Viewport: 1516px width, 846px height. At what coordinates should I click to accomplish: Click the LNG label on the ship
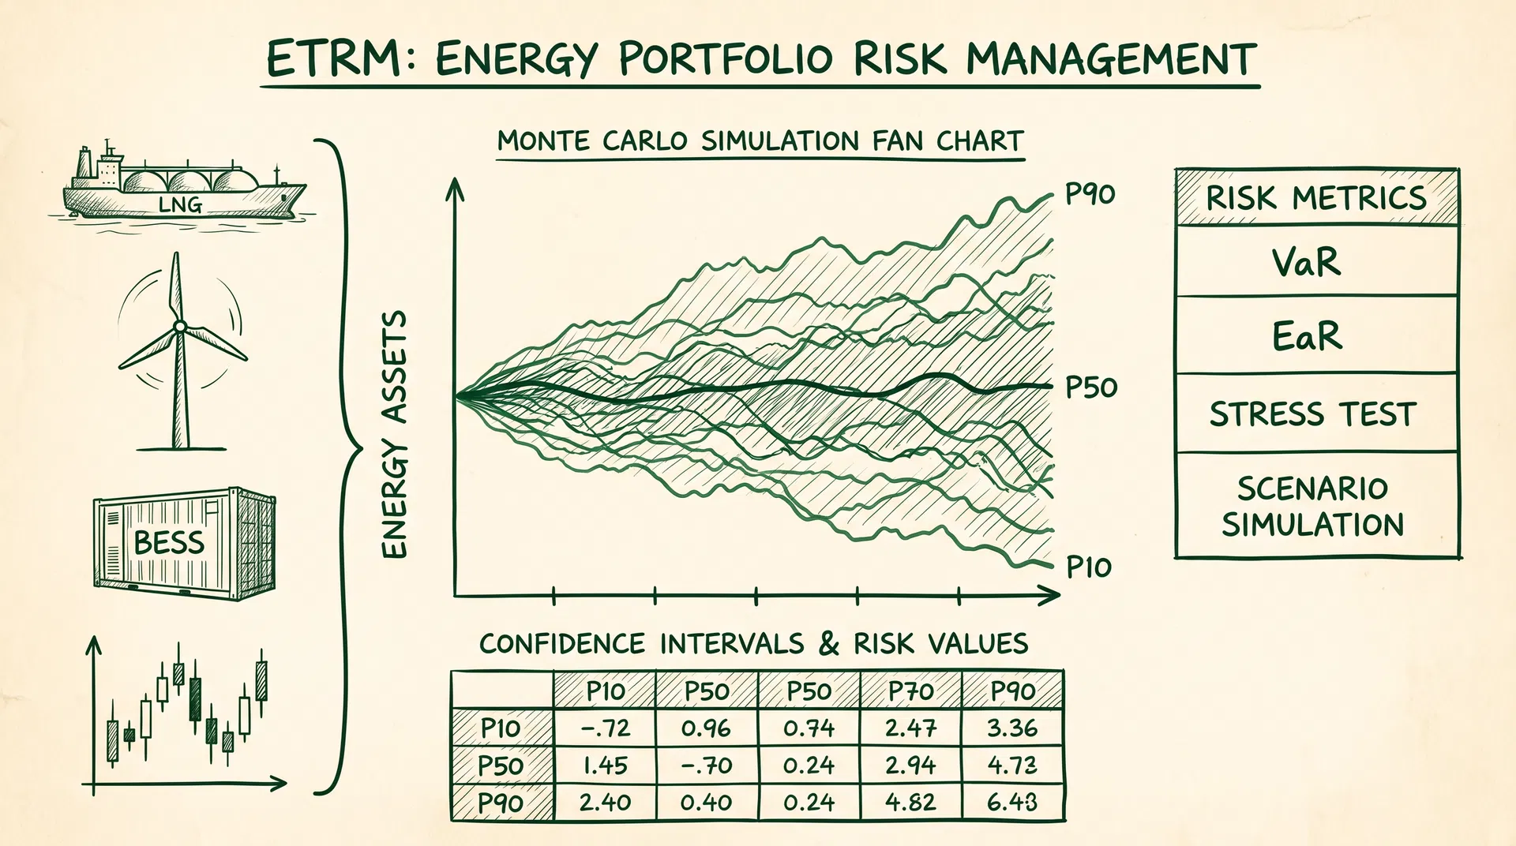point(180,205)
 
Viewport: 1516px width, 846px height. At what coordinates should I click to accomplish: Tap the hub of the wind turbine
point(180,326)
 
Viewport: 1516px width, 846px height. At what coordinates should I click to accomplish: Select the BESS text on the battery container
point(169,543)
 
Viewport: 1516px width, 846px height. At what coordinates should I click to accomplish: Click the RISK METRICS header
point(1316,197)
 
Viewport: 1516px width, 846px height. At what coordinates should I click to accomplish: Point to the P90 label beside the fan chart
point(1090,193)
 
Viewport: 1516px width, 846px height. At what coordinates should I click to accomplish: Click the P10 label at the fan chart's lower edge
point(1089,567)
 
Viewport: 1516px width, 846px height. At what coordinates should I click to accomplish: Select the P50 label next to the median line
point(1091,387)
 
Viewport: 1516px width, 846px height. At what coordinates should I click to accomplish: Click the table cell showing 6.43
point(1012,803)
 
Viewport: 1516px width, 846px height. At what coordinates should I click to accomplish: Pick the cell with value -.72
point(605,728)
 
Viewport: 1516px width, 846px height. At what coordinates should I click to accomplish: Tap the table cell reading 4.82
point(910,803)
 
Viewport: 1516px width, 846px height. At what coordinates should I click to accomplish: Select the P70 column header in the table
point(910,691)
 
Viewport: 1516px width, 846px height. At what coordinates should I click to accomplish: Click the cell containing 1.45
point(605,766)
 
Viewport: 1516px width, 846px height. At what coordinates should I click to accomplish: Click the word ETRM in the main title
point(333,59)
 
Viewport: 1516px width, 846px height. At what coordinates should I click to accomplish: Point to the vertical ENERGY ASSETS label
point(394,434)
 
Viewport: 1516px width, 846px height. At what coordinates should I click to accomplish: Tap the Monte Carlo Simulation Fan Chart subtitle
point(760,142)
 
